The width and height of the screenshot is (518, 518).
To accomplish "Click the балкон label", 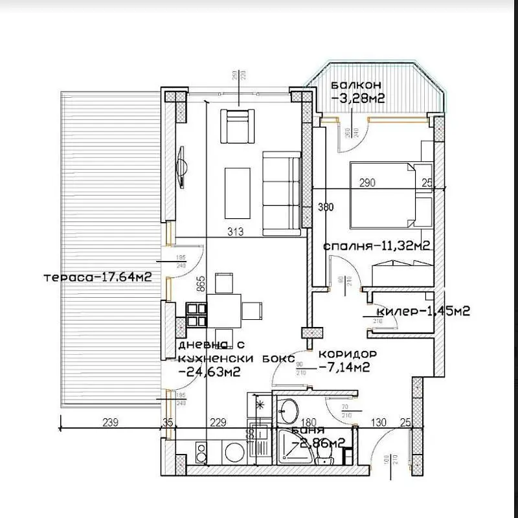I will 355,85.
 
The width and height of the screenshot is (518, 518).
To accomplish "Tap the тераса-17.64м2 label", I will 98,277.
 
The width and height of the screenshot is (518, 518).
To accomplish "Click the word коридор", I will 347,355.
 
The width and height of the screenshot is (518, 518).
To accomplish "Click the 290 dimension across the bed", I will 367,183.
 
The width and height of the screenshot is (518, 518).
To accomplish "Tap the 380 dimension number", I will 326,208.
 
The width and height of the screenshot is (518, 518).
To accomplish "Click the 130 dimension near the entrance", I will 377,423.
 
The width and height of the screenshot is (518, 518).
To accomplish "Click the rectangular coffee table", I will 237,193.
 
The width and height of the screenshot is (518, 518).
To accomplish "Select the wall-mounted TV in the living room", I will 182,166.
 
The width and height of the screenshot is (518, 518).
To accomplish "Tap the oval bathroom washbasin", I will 289,410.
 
